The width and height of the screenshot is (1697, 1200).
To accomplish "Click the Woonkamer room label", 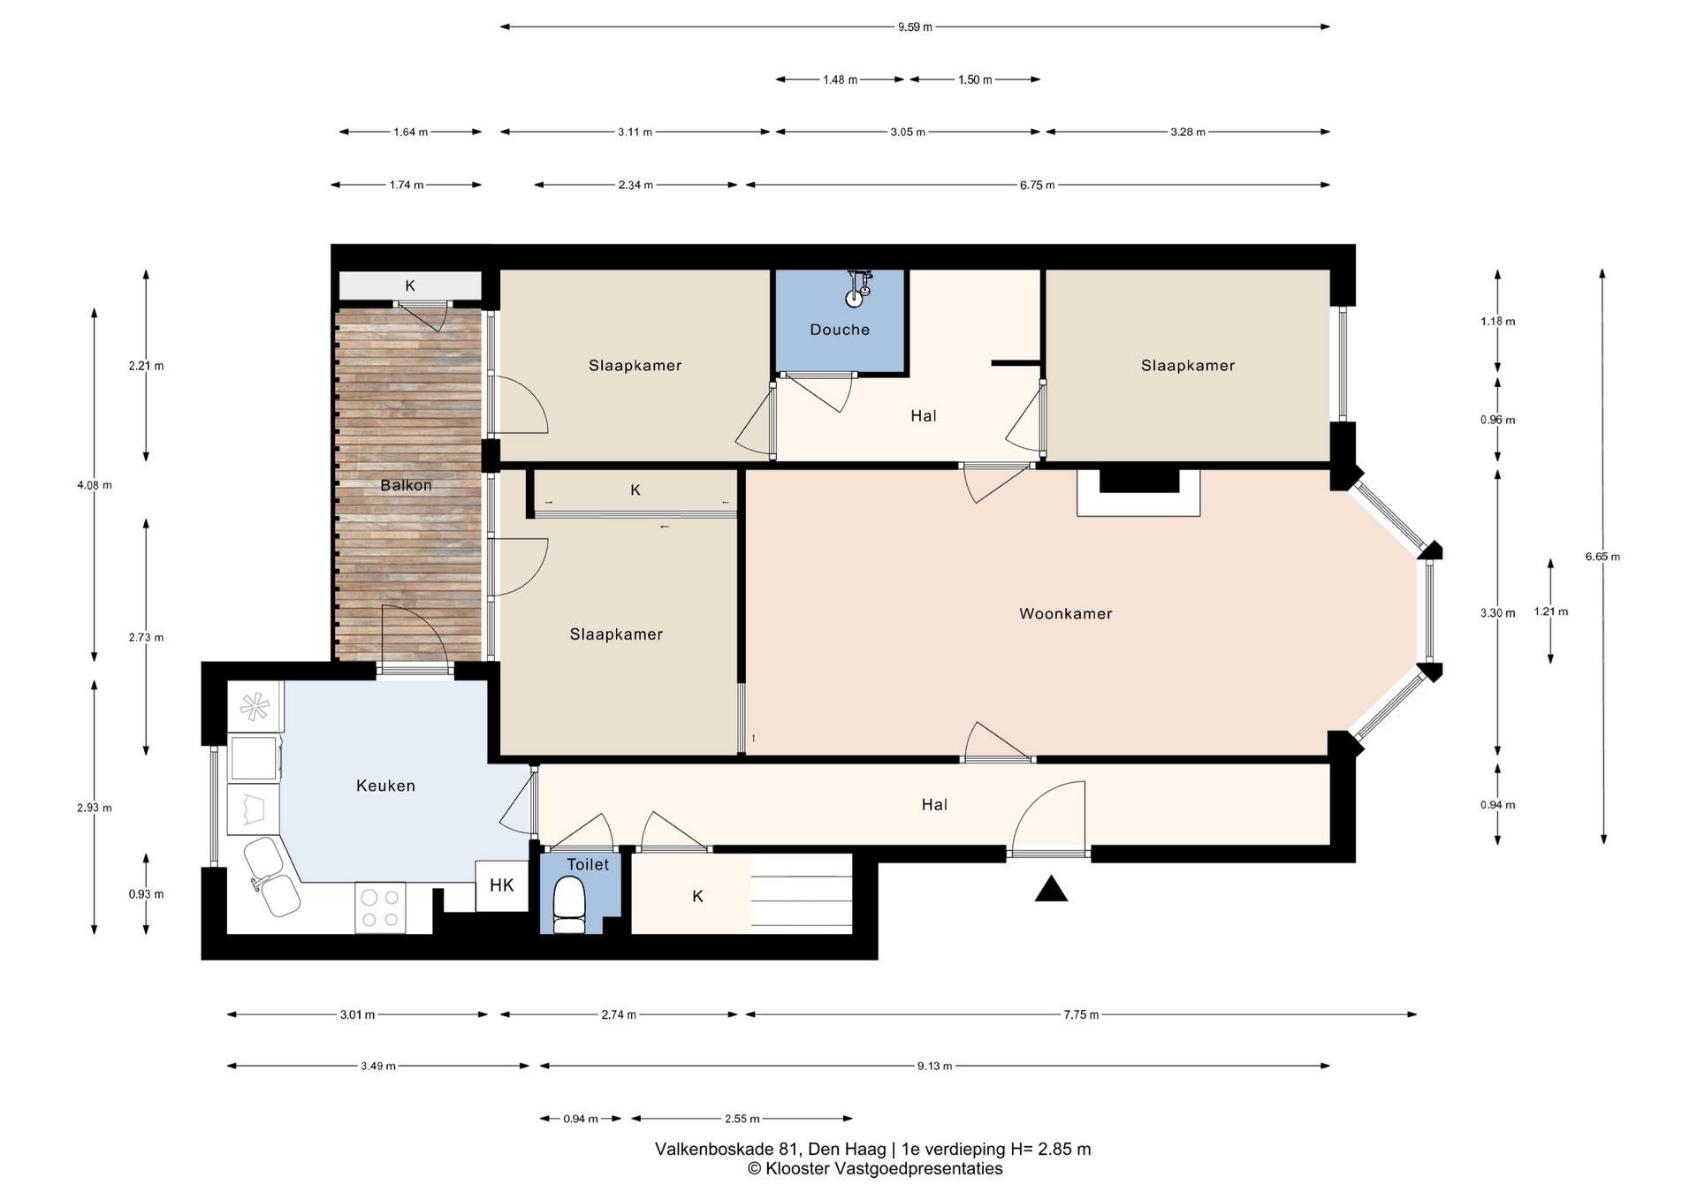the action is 1065,613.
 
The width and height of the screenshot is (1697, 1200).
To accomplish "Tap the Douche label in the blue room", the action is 840,330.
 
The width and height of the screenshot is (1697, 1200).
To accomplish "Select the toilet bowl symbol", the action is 569,904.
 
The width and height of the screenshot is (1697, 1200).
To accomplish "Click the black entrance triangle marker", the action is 1051,888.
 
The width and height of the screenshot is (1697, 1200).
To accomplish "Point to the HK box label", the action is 502,885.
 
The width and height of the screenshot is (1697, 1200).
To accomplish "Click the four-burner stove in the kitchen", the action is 380,908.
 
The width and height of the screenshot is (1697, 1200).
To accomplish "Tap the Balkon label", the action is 407,485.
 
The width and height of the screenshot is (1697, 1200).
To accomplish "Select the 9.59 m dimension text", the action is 915,27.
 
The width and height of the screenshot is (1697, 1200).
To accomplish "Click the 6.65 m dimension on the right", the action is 1602,557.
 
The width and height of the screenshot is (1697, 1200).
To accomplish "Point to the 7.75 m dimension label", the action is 1081,1014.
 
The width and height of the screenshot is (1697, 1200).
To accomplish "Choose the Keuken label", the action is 385,786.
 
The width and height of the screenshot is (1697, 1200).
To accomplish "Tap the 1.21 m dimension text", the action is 1550,611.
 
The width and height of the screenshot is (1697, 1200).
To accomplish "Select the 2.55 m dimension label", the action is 742,1119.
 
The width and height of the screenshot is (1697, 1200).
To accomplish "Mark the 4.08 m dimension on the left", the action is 95,485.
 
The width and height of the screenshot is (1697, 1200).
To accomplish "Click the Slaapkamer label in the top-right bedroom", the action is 1188,366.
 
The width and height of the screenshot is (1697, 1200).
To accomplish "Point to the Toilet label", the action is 588,864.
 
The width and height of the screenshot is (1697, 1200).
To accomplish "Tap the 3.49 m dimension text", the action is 378,1066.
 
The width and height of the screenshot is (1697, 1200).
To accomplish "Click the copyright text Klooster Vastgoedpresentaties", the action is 884,1168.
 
